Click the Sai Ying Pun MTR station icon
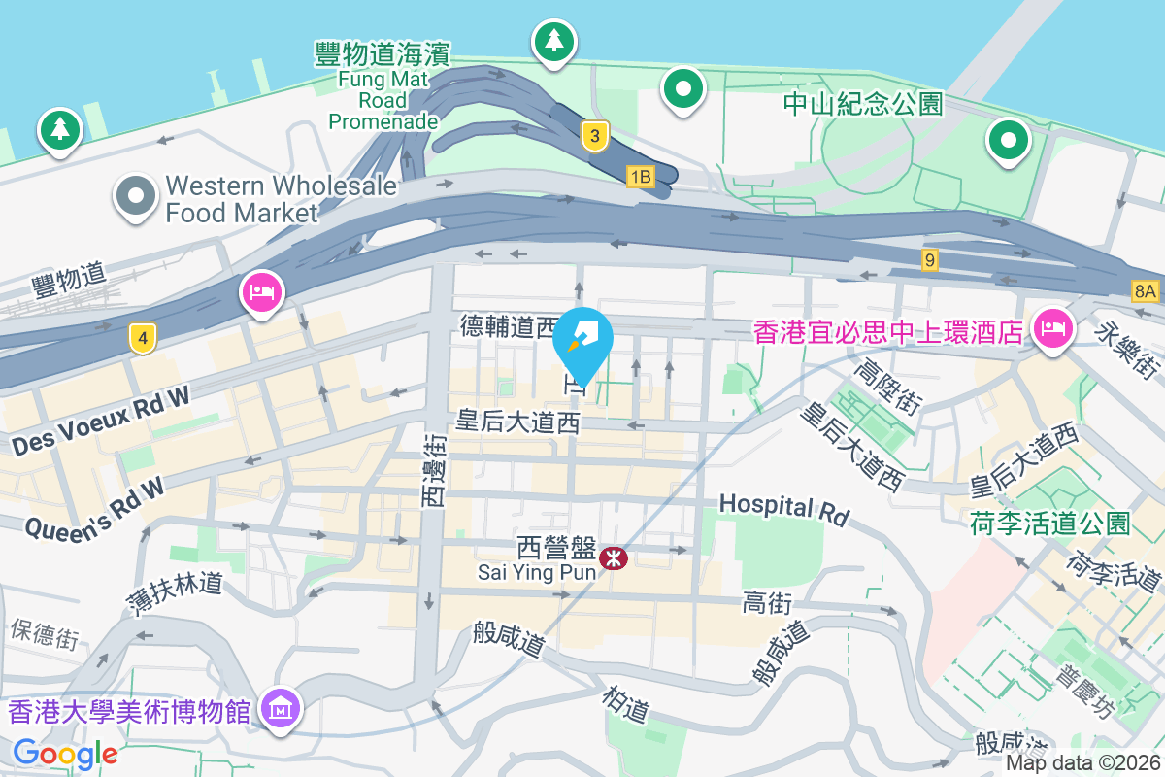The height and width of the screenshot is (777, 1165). coord(614,557)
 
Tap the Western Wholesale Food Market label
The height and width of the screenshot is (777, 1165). coord(281,198)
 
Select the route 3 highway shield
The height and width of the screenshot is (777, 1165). coord(594,136)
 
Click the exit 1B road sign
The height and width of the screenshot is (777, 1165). coord(641,177)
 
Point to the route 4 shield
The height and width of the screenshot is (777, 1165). coord(143,339)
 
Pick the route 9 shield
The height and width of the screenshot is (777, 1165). coord(930,259)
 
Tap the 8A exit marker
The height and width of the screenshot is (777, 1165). coord(1146,290)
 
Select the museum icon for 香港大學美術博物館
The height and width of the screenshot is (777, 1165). coord(282,711)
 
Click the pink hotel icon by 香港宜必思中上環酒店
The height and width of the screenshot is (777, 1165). coord(1052,329)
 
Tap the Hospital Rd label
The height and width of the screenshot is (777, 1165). coord(783,508)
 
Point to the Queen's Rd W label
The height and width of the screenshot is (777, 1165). coord(94,511)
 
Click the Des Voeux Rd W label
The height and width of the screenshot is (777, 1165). coord(103,419)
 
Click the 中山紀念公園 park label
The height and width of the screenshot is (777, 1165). coord(862,104)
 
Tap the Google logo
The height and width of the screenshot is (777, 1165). coord(65,754)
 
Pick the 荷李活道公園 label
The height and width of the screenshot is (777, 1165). coord(1049,524)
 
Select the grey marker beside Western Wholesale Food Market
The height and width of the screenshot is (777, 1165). coord(137,197)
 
